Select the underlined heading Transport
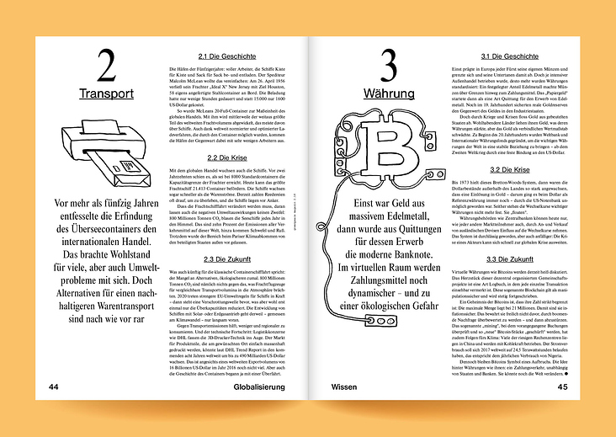coord(107,93)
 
